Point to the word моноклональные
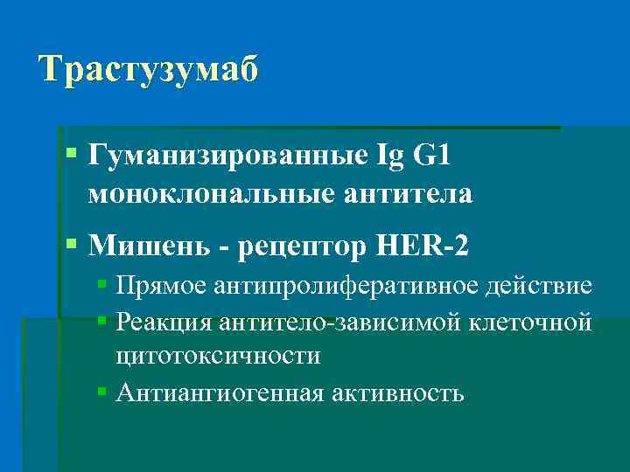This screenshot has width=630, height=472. [x=210, y=194]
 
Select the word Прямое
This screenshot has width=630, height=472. [x=160, y=287]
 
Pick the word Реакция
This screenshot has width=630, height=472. [x=165, y=322]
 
